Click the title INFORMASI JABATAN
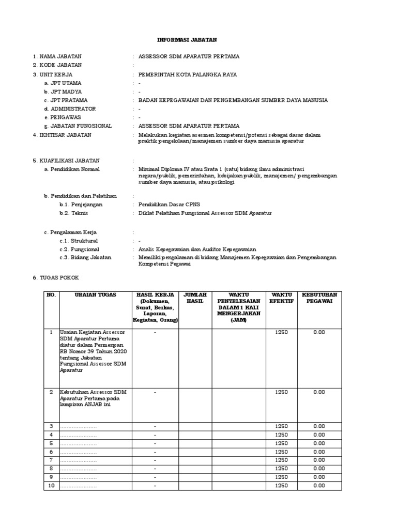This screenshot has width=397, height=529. click(x=187, y=40)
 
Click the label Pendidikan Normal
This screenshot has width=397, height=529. click(x=72, y=169)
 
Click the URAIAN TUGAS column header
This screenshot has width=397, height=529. click(x=95, y=295)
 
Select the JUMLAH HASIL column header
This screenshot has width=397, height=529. click(x=195, y=298)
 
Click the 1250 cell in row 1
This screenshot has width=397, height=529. click(x=281, y=332)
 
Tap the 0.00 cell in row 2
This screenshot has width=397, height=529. click(x=318, y=392)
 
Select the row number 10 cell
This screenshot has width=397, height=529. click(x=51, y=486)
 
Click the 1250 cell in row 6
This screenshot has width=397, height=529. click(x=281, y=452)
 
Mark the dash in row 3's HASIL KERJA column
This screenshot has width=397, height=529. click(x=155, y=426)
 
